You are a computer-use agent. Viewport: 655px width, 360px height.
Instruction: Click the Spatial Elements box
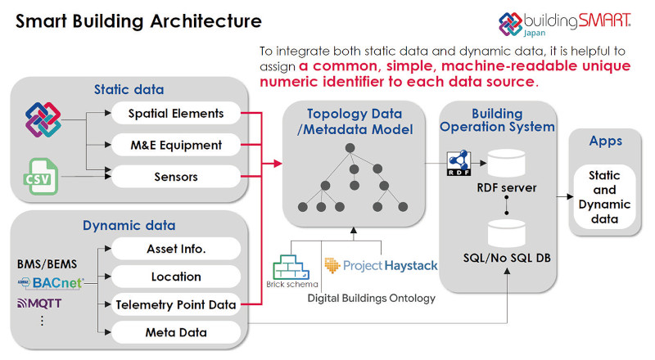click(176, 113)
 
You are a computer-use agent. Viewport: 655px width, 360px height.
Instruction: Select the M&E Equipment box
click(176, 145)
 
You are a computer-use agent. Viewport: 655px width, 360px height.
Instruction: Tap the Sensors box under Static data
click(176, 177)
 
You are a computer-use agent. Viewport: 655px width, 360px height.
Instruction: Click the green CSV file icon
click(40, 176)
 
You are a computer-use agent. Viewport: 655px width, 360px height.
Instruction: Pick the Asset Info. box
click(176, 249)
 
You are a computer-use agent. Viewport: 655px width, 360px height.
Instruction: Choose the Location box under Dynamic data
click(176, 277)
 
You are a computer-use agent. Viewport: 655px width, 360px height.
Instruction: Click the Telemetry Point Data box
click(176, 304)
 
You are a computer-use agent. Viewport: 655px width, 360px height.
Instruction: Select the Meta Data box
click(176, 332)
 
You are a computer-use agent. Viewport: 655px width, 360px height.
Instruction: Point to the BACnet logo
click(51, 283)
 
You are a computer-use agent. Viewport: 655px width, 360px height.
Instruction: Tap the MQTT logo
click(39, 304)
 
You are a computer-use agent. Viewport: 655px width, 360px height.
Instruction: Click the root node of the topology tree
click(350, 148)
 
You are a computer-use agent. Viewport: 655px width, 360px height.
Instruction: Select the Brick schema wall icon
click(291, 267)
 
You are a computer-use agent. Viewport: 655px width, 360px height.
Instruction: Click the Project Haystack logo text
click(381, 266)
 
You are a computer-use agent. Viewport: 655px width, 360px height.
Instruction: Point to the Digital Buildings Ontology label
click(372, 298)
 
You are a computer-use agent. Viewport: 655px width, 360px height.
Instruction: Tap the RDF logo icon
click(459, 163)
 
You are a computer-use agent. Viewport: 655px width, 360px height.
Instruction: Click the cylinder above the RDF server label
click(506, 164)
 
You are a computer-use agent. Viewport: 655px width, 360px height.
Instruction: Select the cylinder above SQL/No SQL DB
click(506, 233)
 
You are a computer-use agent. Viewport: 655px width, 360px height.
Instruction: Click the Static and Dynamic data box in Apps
click(604, 196)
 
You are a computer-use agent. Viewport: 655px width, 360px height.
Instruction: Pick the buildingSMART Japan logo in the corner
click(565, 24)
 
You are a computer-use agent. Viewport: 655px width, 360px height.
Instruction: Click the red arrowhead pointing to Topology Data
click(278, 164)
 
